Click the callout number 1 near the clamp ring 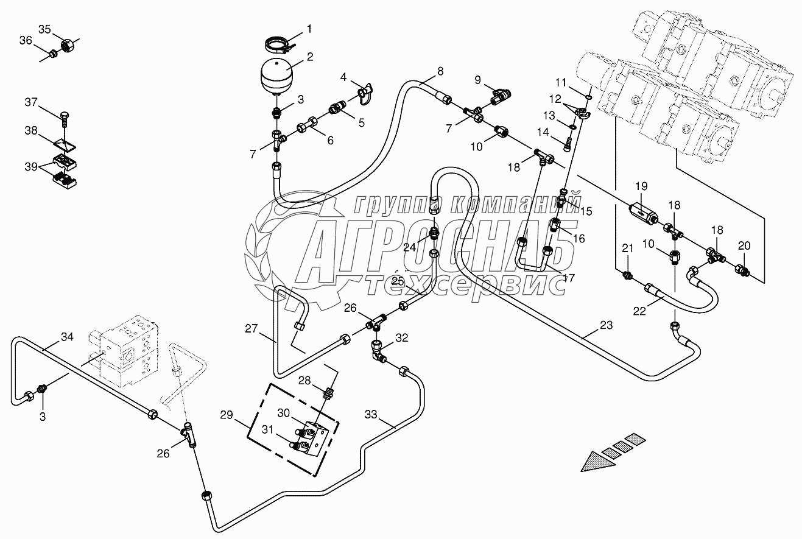pos(309,28)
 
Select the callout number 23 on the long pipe pos(606,325)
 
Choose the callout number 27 pos(252,329)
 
